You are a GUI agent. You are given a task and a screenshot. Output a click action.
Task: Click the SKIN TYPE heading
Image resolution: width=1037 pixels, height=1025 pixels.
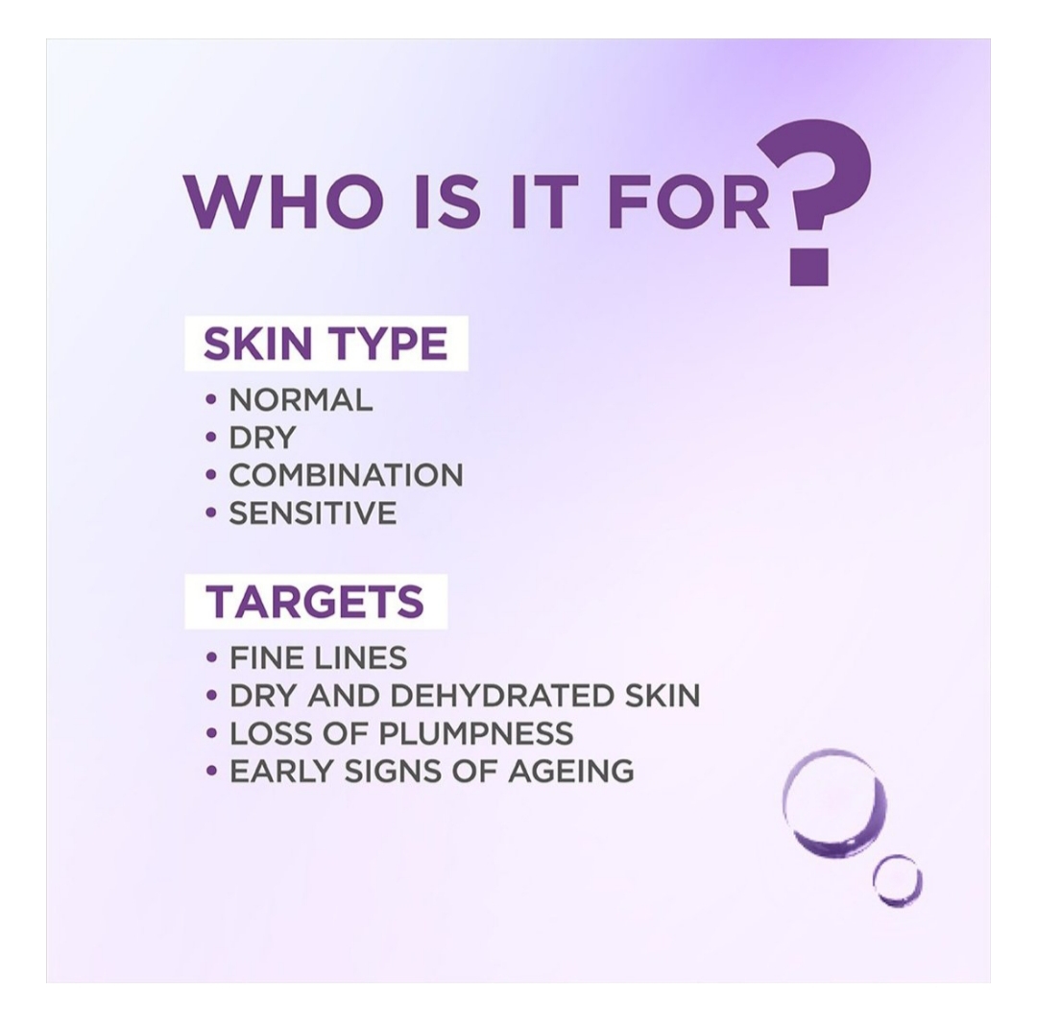pos(326,344)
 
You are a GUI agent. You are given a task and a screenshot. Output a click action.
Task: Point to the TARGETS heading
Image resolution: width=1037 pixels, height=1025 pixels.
pos(315,602)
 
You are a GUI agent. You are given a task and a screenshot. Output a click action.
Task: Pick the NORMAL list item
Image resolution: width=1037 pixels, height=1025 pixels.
pos(301,400)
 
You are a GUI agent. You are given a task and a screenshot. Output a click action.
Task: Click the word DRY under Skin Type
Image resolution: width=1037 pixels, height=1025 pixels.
pos(262,438)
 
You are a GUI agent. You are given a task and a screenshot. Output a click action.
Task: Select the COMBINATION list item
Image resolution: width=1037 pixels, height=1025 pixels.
pos(346,475)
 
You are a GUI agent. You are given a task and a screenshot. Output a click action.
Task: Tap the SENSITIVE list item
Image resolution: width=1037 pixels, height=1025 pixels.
pos(313,512)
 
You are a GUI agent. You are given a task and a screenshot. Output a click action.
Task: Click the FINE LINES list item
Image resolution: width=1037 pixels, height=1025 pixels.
pos(318,657)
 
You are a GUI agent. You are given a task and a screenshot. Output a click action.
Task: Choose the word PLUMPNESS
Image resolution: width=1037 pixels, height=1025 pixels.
pos(475,733)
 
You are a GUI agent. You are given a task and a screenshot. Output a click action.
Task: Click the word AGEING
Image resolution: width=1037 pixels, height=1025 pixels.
pos(571,772)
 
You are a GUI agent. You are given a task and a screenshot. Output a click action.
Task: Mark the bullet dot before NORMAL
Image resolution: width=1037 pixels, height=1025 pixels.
pos(211,400)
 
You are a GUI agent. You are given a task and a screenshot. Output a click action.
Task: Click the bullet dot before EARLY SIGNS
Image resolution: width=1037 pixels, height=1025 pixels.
pos(211,772)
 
